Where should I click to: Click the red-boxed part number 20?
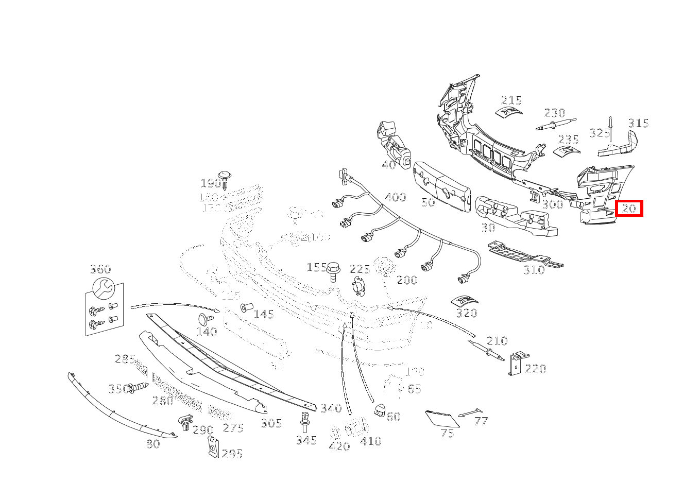tap(629, 209)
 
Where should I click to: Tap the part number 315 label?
tap(638, 123)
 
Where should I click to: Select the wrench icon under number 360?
tap(103, 288)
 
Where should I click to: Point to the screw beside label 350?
tap(138, 387)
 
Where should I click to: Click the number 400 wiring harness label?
tap(395, 197)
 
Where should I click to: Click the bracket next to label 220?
tap(517, 364)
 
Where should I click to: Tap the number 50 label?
tap(428, 202)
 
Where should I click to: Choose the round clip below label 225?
tap(361, 286)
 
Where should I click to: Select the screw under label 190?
tap(225, 179)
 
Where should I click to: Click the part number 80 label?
tap(153, 444)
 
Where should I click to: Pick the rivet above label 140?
tap(206, 318)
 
